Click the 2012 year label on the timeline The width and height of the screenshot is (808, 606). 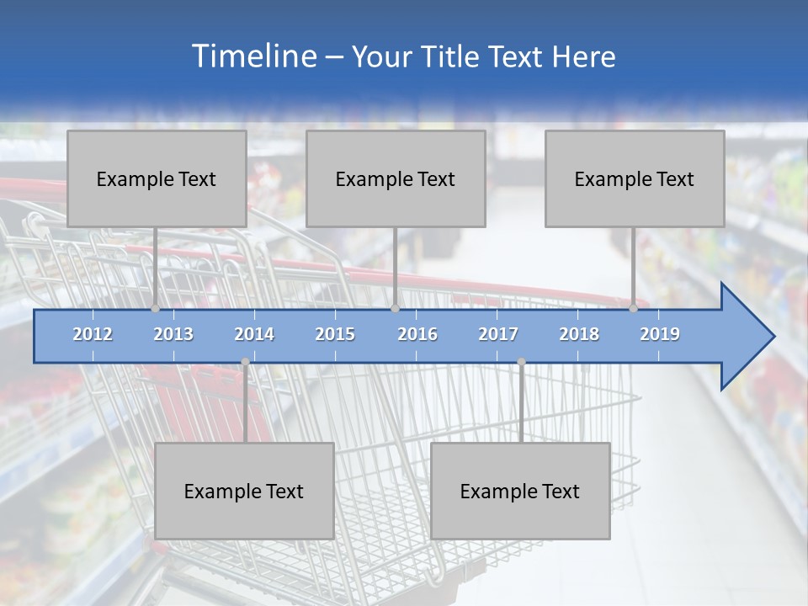point(93,334)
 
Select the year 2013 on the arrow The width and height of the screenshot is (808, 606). point(173,334)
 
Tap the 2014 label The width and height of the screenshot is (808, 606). point(254,334)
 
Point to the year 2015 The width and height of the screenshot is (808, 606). point(335,334)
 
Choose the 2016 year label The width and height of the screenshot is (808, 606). point(417,334)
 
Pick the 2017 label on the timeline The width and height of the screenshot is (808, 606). point(498,334)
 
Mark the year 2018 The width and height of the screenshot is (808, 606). point(579,334)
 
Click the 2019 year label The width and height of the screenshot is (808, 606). point(660,334)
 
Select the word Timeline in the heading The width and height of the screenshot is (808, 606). point(252,56)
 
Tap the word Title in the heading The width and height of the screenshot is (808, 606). point(449,57)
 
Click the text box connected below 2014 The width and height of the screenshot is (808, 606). point(244,491)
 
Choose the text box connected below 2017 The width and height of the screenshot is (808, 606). point(520,491)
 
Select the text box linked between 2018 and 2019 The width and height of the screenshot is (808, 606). point(635,178)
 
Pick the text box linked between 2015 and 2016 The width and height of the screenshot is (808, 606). point(396,178)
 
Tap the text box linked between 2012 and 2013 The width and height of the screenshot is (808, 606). point(157,178)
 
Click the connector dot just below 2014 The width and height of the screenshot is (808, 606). point(245,362)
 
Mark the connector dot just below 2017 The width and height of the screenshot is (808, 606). point(521,362)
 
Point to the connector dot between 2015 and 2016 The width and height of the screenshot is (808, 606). point(395,308)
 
